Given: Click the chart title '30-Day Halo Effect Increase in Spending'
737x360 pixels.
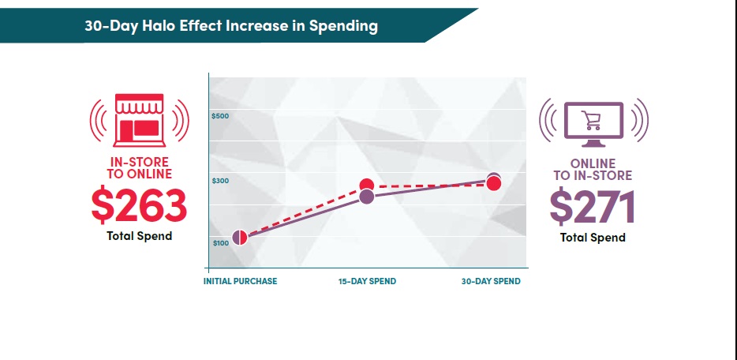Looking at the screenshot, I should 231,26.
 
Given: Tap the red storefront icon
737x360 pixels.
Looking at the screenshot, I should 139,120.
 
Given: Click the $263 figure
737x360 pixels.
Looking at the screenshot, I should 139,206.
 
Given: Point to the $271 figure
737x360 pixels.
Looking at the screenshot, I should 593,208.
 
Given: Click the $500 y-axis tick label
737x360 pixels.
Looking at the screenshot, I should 220,117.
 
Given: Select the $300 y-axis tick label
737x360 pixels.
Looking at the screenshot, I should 220,181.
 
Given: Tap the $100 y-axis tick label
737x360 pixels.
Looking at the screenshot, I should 220,242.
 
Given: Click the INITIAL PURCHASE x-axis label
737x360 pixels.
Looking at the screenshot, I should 241,281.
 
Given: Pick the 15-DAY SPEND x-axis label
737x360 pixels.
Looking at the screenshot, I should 367,281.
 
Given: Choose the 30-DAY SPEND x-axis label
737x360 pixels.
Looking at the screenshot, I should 491,281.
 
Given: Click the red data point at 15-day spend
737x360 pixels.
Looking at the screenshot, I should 366,186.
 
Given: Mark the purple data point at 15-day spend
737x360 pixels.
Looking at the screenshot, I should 366,197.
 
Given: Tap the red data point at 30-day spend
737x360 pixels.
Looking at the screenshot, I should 494,184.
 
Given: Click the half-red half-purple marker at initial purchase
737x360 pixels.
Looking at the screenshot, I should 240,238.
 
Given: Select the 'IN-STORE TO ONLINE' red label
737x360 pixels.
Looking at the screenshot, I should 139,168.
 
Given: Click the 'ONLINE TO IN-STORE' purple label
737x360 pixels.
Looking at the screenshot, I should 593,170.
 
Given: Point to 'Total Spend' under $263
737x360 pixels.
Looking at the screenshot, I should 139,236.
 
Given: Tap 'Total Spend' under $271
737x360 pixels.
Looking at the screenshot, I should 593,238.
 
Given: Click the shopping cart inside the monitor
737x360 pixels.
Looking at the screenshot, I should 591,120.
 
